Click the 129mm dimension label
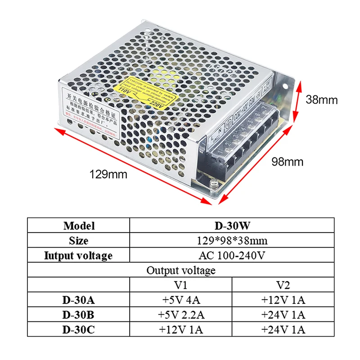[108, 174]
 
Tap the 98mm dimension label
[287, 161]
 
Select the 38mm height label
[321, 99]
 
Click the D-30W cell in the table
[232, 225]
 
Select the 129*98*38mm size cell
[232, 241]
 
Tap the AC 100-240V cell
[232, 256]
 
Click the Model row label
[79, 225]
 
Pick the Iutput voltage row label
[79, 256]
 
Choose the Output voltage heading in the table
[181, 270]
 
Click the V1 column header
[181, 285]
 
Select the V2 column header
[283, 285]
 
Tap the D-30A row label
[79, 300]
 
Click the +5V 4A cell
[181, 300]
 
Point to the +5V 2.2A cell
[181, 315]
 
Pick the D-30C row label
[79, 329]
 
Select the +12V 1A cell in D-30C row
[181, 329]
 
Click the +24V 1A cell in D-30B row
[283, 315]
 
